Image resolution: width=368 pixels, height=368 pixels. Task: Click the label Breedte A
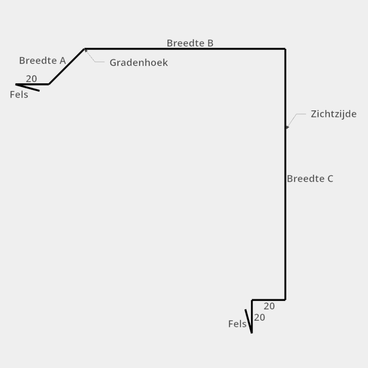tap(42, 61)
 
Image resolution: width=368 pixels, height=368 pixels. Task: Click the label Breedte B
tap(190, 43)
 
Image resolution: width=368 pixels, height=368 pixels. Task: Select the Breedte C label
tap(310, 179)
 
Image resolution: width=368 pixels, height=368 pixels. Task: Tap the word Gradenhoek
tap(139, 63)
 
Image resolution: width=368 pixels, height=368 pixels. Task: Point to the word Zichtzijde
tap(334, 114)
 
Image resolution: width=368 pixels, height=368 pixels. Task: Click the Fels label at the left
tap(19, 95)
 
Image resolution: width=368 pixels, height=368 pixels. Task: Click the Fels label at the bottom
tap(237, 324)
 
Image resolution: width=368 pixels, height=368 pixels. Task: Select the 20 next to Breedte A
tap(31, 79)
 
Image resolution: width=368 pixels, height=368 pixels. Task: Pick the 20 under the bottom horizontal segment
tap(269, 306)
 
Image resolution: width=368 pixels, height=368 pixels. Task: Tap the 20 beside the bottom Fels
tap(260, 318)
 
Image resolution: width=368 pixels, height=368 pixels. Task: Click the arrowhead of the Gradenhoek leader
tap(86, 50)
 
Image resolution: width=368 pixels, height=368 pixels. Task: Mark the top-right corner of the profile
tap(285, 49)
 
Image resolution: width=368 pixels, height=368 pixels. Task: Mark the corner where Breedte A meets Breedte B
tap(84, 49)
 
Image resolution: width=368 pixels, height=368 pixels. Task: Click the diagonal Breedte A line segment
tap(67, 66)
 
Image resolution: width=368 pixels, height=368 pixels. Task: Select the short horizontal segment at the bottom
tap(268, 300)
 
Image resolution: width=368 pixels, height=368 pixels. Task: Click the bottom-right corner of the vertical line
tap(285, 300)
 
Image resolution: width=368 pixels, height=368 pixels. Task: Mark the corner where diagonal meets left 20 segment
tap(49, 84)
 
